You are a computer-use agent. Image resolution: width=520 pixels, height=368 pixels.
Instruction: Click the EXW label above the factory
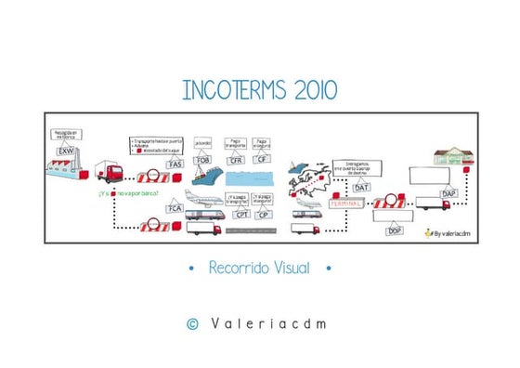(65, 151)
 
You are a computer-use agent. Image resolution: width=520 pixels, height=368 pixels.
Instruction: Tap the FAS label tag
(175, 164)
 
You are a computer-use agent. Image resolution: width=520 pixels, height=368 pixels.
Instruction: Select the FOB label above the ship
(201, 160)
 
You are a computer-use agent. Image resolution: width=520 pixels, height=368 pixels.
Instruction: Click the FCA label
(175, 208)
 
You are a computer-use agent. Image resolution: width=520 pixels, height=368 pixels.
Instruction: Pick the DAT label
(361, 187)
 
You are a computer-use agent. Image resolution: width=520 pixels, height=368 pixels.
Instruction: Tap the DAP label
(448, 193)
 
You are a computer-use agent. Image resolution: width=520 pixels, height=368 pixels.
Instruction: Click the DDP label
(394, 230)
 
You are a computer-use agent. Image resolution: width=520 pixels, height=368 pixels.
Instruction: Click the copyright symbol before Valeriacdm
(193, 323)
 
